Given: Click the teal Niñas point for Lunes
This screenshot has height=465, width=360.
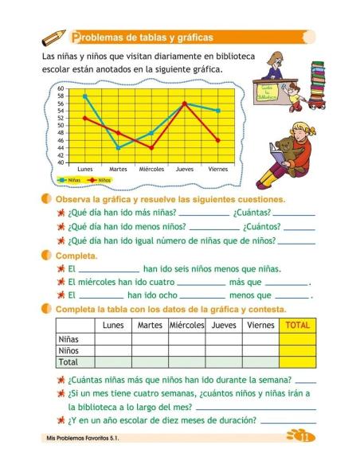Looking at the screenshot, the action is click(x=85, y=96).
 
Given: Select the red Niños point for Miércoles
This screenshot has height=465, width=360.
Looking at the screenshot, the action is click(x=151, y=148).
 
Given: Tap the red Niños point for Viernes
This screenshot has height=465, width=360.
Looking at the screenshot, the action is click(x=217, y=141).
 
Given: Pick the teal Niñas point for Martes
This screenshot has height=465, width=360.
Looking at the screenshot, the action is click(x=118, y=148).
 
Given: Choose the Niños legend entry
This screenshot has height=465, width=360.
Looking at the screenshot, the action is click(x=99, y=181).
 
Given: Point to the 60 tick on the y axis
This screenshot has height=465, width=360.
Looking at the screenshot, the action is click(x=61, y=88).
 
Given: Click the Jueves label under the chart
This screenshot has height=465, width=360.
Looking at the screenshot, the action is click(x=184, y=170).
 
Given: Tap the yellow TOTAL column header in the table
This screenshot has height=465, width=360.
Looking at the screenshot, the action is click(x=296, y=325).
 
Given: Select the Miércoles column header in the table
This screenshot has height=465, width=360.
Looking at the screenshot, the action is click(x=187, y=325).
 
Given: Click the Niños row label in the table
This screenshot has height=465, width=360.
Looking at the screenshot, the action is click(x=69, y=350).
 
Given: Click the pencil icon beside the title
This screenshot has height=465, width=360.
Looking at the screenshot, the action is click(x=54, y=37).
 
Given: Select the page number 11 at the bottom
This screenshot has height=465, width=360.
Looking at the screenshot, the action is click(x=303, y=436).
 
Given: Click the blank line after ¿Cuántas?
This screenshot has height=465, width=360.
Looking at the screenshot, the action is click(x=294, y=213).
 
